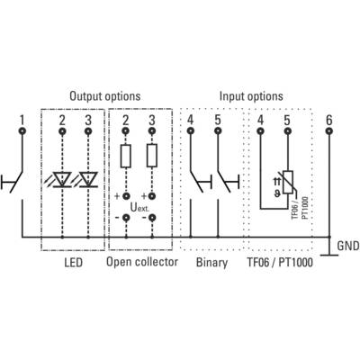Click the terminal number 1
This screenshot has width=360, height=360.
[22, 121]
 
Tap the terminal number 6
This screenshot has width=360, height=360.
[329, 121]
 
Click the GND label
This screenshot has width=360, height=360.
[348, 246]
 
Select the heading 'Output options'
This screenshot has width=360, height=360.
[105, 96]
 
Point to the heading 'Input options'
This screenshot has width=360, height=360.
[251, 96]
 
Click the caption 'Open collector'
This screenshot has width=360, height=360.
[142, 262]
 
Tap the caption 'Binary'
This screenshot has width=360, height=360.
[211, 263]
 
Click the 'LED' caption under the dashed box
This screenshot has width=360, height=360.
[73, 263]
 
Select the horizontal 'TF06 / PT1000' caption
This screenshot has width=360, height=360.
[280, 263]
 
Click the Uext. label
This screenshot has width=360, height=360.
[139, 207]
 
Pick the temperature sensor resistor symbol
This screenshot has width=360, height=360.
[288, 182]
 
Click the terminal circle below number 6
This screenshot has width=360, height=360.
[329, 131]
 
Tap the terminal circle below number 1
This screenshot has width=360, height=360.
[22, 131]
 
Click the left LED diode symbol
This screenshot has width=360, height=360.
[62, 179]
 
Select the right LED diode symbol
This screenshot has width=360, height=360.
[88, 179]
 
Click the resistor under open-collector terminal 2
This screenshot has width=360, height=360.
[125, 156]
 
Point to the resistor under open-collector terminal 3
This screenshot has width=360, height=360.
[152, 156]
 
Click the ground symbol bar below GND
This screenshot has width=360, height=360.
[329, 256]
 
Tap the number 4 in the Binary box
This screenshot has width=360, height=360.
[190, 121]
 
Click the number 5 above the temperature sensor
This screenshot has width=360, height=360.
[287, 121]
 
